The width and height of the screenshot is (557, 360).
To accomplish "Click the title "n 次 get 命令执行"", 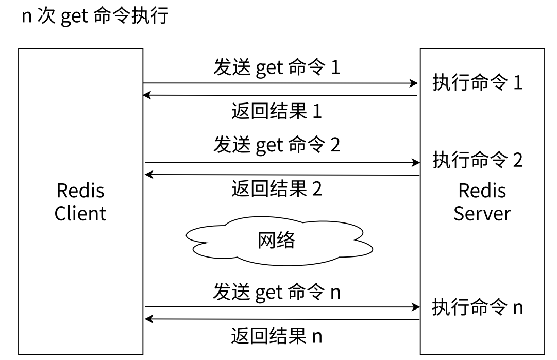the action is [x=95, y=16].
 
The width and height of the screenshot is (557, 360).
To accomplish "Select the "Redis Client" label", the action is [x=80, y=202].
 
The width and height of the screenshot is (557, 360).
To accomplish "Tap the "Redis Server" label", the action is [x=482, y=202].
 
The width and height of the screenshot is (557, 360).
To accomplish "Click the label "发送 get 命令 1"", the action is [x=277, y=67].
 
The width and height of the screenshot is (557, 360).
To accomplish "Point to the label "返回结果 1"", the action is [x=277, y=111].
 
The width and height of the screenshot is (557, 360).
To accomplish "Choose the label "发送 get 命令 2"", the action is [x=277, y=145].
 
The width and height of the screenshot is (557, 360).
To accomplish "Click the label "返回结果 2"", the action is [x=277, y=188].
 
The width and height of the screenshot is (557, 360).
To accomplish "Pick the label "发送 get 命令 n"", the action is [x=277, y=292].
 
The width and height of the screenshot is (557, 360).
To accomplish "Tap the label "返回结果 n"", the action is [x=277, y=336].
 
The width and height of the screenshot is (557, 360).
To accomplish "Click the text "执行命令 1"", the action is [x=478, y=82].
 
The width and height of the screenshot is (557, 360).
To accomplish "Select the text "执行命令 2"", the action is [x=478, y=160].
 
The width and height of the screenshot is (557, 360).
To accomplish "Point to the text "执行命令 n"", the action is [x=478, y=307].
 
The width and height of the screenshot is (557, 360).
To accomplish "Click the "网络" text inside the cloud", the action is [x=276, y=240].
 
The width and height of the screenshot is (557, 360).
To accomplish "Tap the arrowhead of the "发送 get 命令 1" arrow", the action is [x=414, y=83].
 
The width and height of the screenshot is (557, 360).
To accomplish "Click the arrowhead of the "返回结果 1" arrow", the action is [x=147, y=95].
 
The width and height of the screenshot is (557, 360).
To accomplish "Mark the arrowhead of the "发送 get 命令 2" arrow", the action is [x=416, y=163].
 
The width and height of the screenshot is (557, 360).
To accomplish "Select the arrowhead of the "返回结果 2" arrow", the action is [x=149, y=174].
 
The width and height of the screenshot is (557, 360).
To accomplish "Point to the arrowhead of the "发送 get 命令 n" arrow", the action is [x=416, y=307].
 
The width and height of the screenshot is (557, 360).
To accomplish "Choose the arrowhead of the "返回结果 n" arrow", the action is [x=149, y=319].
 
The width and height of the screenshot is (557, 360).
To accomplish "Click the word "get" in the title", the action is [x=75, y=17].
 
